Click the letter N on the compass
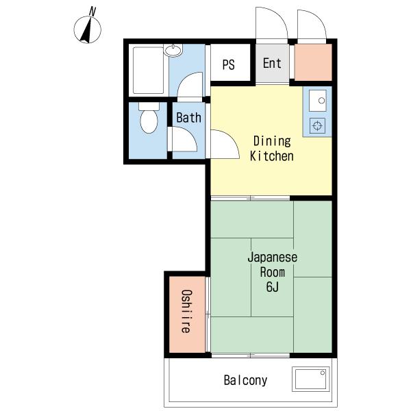92,11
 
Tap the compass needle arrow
87,30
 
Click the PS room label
228,64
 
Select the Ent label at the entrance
272,63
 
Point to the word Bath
189,117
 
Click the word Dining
272,141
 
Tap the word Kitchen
271,156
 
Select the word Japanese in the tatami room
273,258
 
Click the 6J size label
273,286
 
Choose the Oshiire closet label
186,311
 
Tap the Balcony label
245,380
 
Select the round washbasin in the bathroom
173,50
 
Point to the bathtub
149,71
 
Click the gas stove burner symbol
317,125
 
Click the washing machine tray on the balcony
310,379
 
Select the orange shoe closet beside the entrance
313,62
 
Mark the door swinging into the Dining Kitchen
225,144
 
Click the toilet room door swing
184,139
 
